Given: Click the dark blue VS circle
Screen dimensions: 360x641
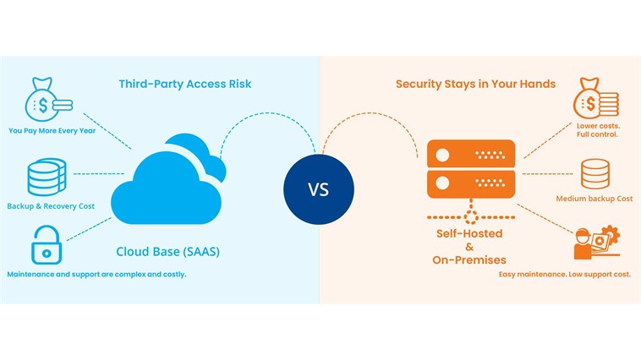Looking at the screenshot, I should (x=318, y=189).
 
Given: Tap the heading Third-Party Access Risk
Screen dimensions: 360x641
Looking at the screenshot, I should (x=184, y=84).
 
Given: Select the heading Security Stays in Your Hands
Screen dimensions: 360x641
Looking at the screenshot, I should (x=475, y=84).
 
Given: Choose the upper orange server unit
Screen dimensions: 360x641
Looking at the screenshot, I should (x=469, y=155).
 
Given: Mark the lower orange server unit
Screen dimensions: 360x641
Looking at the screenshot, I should (x=469, y=183).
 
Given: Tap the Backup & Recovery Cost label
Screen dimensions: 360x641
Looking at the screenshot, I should (x=51, y=206).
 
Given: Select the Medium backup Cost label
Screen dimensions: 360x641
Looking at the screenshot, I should (x=594, y=199).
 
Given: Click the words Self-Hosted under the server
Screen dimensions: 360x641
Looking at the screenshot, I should (x=469, y=232).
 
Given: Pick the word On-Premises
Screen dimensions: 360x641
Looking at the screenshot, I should (x=469, y=259).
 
